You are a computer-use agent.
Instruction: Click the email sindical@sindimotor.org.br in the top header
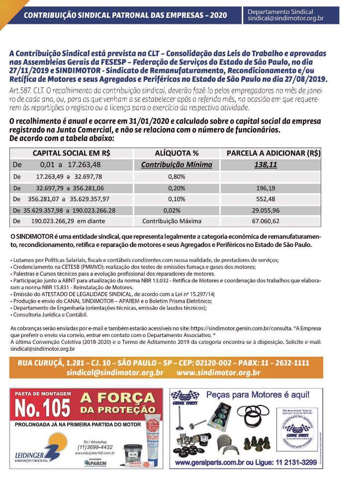285,18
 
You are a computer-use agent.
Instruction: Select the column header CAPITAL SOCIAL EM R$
71,154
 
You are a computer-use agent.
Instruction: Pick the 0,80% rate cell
177,176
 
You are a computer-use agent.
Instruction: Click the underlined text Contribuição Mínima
177,165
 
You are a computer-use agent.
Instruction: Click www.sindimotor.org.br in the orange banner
218,372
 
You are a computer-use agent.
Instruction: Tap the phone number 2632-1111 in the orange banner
299,362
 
